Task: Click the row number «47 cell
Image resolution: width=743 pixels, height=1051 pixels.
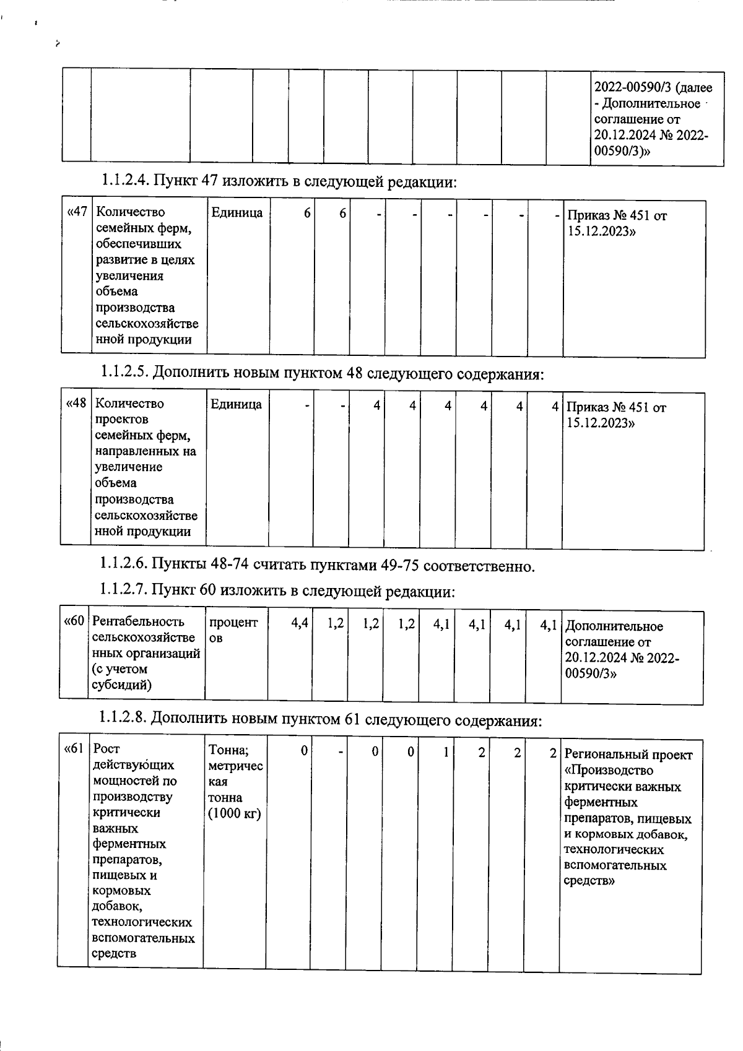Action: tap(77, 212)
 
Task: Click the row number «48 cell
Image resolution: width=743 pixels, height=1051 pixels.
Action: tap(76, 404)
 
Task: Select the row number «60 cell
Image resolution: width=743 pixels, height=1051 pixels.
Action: tap(74, 621)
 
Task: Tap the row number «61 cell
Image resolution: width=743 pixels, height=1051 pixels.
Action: tap(74, 750)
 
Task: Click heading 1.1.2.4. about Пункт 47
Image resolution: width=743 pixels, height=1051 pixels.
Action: tap(279, 182)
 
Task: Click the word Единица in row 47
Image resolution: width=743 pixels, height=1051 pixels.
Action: tap(237, 212)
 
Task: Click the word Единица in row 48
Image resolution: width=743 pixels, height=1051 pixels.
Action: tap(236, 404)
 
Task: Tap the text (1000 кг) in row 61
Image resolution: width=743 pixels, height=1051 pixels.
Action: tap(235, 813)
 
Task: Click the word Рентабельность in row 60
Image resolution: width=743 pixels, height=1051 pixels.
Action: tap(138, 621)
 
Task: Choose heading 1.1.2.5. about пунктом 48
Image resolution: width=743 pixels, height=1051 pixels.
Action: tap(322, 373)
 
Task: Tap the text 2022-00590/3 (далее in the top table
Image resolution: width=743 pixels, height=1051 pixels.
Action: tap(653, 88)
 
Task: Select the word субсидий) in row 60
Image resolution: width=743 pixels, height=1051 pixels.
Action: tap(121, 685)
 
